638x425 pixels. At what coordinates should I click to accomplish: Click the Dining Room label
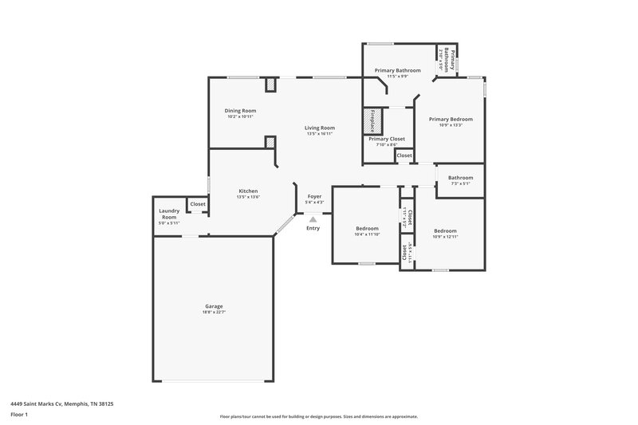[240, 111]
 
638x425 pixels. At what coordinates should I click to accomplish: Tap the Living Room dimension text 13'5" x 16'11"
[319, 134]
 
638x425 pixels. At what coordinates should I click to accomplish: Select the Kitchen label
[248, 191]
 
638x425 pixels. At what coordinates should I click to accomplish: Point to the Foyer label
[314, 196]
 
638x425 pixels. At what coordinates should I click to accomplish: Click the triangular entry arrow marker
[313, 217]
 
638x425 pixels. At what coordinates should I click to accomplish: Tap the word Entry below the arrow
[313, 229]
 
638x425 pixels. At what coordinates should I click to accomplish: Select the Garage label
[213, 306]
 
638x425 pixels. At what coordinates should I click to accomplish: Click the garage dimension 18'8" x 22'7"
[213, 313]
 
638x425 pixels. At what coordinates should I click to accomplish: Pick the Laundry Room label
[169, 214]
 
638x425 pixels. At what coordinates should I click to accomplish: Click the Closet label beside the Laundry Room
[198, 204]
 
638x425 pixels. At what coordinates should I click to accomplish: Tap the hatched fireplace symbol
[369, 121]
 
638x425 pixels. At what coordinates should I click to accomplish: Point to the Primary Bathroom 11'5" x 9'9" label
[396, 70]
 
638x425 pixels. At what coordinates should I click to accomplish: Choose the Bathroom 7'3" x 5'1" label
[460, 178]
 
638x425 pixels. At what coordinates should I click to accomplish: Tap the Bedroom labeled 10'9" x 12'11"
[446, 231]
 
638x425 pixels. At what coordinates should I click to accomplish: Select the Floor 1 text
[20, 415]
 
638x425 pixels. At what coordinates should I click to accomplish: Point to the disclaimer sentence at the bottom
[318, 416]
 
